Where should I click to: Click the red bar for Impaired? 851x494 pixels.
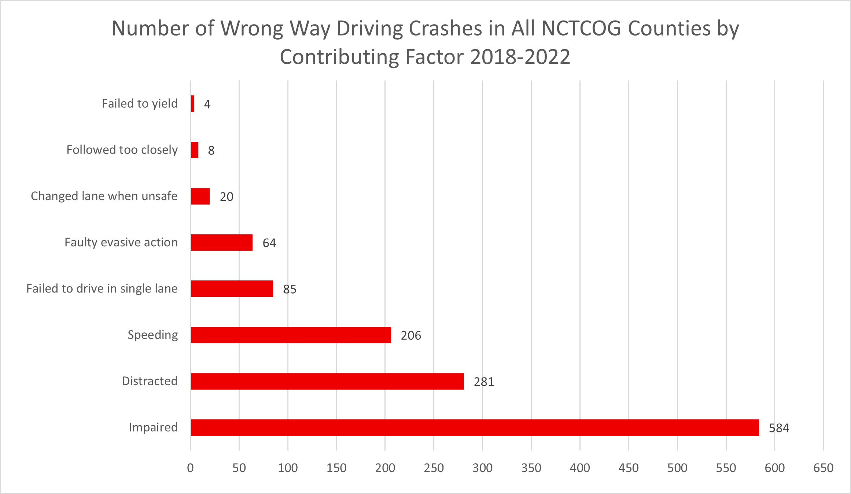pos(475,427)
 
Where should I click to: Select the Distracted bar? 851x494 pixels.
pos(327,381)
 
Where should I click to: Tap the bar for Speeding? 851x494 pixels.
pos(291,335)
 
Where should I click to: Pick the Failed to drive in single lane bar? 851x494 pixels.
pos(232,289)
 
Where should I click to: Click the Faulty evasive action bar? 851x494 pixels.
pos(221,243)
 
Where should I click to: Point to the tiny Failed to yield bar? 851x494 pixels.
pos(192,104)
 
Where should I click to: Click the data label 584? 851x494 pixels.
pos(779,428)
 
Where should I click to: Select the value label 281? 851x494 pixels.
pos(484,382)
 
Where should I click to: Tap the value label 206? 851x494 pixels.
pos(411,336)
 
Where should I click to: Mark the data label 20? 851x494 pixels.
pos(226,197)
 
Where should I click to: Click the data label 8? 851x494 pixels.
pos(211,151)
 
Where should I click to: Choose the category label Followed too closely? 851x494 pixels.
pos(122,150)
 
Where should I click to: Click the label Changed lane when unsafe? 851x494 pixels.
pos(104,196)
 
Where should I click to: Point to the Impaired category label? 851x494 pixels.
pos(153,427)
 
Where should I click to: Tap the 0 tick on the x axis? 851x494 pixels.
pos(190,468)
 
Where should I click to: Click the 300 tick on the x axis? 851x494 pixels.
pos(482,468)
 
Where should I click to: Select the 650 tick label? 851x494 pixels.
pos(823,468)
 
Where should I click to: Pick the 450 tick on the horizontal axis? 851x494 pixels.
pos(629,468)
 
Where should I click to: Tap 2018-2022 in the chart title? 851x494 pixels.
pos(520,57)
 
